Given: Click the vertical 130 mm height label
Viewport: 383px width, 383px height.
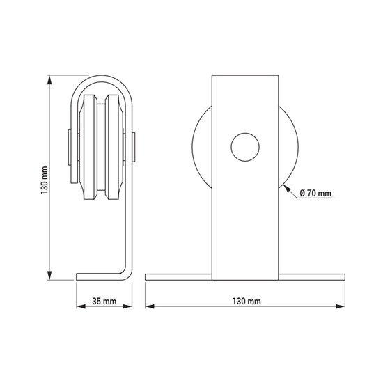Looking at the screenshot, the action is tap(45, 180).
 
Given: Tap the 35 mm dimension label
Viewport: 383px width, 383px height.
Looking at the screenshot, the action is tap(104, 301).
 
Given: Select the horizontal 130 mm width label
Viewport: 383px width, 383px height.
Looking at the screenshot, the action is tap(247, 301).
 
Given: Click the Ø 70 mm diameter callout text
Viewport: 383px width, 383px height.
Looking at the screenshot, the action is tap(315, 193).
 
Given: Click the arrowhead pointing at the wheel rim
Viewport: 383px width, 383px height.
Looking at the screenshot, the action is tap(287, 188).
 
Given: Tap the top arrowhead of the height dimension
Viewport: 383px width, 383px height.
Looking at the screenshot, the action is tap(49, 80).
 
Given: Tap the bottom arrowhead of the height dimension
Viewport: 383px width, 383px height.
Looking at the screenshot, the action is tap(49, 275).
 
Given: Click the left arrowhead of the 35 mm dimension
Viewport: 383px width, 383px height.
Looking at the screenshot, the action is tap(81, 306).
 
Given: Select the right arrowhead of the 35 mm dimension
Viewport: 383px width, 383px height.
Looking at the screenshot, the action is tap(127, 306).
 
